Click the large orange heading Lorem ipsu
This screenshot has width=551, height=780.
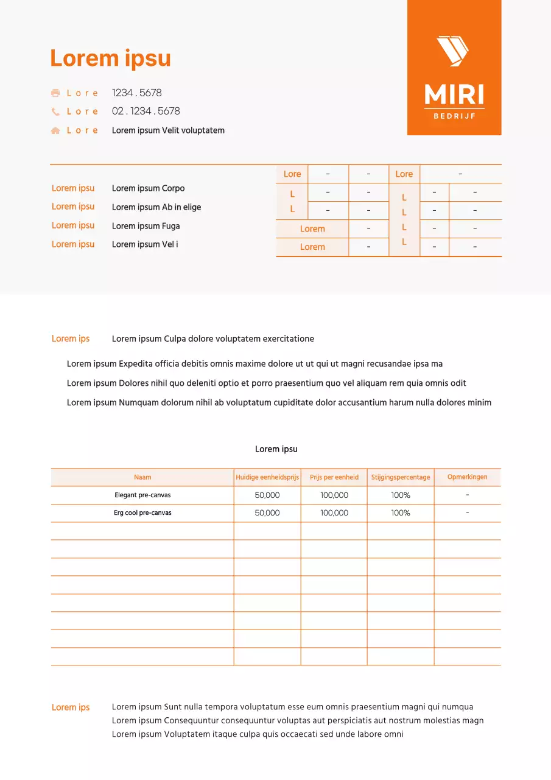[110, 58]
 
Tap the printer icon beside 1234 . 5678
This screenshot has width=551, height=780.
[55, 93]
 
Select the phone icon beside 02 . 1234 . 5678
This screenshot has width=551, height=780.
[55, 112]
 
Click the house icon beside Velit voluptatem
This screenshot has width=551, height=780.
[55, 130]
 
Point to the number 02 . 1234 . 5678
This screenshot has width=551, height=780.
[146, 111]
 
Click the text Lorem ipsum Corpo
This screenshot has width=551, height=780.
[148, 188]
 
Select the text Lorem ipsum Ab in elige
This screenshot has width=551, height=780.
[156, 207]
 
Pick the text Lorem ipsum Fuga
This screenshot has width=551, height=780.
[146, 226]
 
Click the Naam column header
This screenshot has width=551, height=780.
[142, 477]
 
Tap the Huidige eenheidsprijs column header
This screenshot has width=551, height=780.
[267, 477]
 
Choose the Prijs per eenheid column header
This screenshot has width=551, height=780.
[334, 477]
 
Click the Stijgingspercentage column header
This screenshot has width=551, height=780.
[401, 477]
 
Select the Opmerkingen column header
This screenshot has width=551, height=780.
[467, 477]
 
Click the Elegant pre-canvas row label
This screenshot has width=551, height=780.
[142, 495]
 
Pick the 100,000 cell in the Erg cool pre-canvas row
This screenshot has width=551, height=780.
[334, 513]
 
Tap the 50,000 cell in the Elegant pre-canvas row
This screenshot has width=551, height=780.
[267, 495]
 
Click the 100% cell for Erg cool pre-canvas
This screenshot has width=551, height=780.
[401, 513]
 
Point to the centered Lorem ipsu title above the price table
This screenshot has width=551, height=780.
[276, 449]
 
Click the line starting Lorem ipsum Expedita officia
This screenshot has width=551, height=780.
[254, 364]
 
